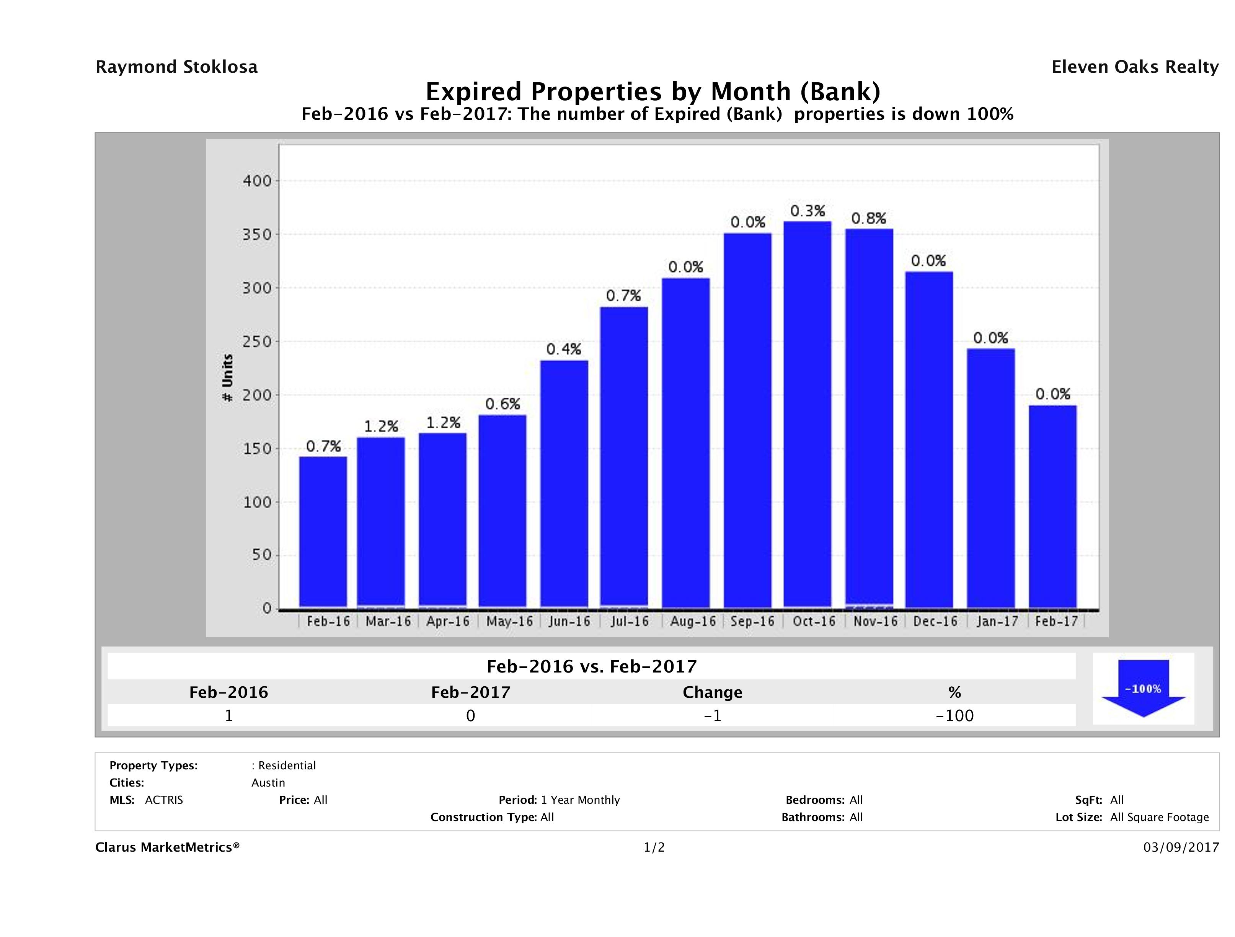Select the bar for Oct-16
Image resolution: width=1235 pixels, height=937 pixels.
808,414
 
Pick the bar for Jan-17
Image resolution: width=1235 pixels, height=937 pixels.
991,478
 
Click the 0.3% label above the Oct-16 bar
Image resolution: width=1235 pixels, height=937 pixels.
808,211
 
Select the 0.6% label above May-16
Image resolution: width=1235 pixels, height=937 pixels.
502,404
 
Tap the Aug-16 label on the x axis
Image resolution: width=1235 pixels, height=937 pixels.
693,622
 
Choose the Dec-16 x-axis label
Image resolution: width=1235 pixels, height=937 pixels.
935,622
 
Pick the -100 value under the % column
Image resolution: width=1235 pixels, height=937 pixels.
954,715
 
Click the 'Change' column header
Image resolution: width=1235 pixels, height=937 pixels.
713,692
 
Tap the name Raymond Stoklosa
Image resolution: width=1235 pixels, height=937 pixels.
176,67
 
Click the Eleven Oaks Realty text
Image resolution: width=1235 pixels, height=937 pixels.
1134,67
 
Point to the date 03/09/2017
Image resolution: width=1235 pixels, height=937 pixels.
1181,847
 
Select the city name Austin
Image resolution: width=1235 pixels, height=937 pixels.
268,783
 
